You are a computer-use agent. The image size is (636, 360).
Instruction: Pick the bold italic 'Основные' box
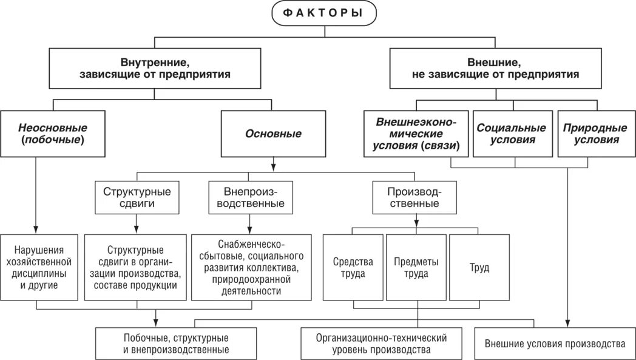tap(272, 134)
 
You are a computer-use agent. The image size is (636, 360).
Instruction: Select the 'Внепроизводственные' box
tap(246, 197)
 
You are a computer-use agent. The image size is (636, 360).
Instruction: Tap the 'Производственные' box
tap(414, 197)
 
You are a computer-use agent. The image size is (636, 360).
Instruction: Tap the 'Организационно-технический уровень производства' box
tap(381, 344)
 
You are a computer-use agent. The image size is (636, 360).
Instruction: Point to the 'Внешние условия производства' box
tap(554, 343)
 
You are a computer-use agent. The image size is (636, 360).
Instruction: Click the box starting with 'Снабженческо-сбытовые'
tap(247, 267)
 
